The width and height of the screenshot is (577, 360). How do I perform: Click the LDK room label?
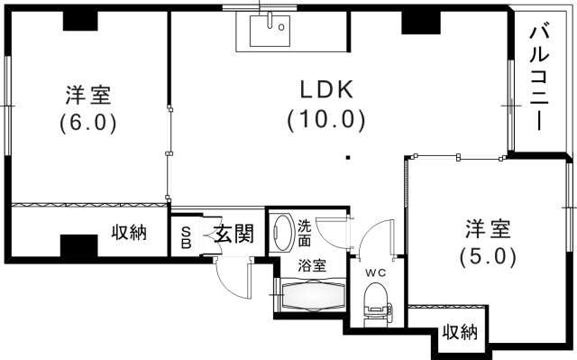pyautogui.click(x=325, y=88)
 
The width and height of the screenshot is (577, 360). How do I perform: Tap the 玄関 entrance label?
pyautogui.click(x=233, y=235)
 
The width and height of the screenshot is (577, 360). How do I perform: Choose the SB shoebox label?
pyautogui.click(x=187, y=235)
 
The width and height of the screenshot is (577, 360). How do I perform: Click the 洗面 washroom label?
pyautogui.click(x=305, y=234)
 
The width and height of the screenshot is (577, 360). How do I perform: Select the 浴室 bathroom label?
pyautogui.click(x=313, y=266)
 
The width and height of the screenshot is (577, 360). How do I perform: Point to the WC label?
pyautogui.click(x=375, y=272)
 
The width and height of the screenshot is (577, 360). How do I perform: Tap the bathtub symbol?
pyautogui.click(x=313, y=294)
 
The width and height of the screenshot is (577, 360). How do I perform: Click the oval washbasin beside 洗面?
pyautogui.click(x=281, y=232)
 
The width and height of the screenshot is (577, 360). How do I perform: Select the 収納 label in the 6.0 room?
pyautogui.click(x=130, y=233)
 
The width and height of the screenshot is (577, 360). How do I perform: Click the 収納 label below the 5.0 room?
pyautogui.click(x=459, y=332)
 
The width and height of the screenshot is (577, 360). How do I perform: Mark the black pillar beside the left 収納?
pyautogui.click(x=79, y=245)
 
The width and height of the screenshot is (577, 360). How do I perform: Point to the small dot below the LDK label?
pyautogui.click(x=347, y=160)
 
